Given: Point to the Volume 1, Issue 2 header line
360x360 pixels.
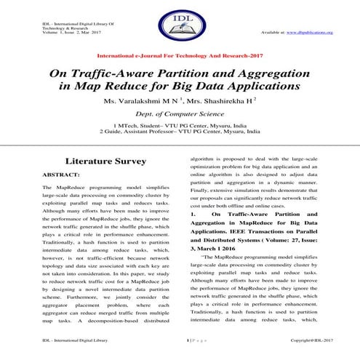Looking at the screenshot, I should (x=69, y=33).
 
